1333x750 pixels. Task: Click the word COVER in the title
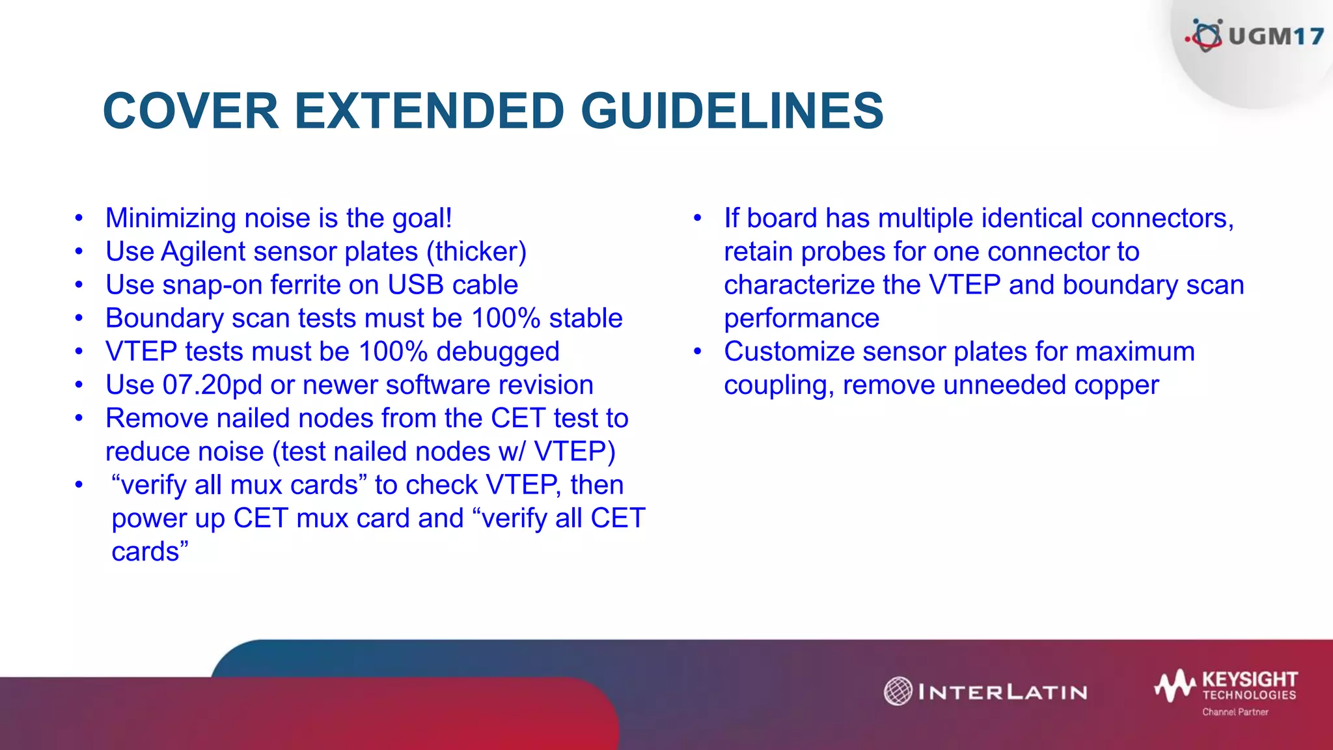[x=191, y=111]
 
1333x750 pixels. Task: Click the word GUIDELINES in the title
[x=732, y=111]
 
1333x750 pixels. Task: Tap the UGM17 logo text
[x=1276, y=36]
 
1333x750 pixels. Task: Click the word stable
[x=586, y=318]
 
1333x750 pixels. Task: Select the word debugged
[x=497, y=352]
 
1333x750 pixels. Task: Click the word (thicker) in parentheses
[x=476, y=252]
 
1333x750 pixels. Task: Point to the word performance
[x=801, y=319]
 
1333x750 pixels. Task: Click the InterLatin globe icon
[x=898, y=691]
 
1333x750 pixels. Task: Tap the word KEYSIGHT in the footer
[x=1249, y=679]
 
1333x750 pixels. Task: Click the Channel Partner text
[x=1235, y=712]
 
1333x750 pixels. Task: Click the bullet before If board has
[x=697, y=218]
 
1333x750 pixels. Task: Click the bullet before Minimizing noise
[x=79, y=218]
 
